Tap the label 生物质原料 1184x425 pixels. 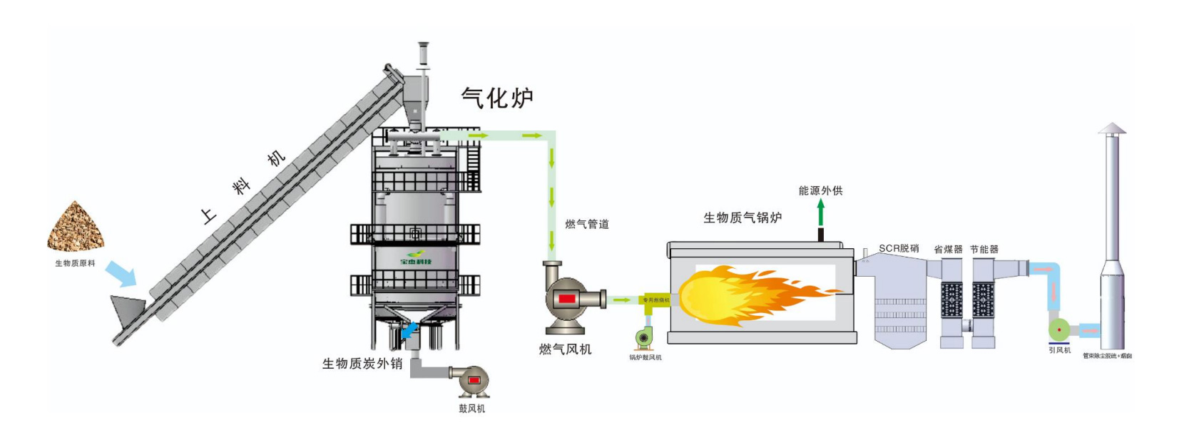[x=75, y=264]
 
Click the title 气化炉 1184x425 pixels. [x=497, y=98]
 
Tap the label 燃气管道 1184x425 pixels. [x=587, y=225]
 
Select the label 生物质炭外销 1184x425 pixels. [x=362, y=364]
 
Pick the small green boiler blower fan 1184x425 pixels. [x=644, y=337]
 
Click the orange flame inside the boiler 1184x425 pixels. [x=749, y=294]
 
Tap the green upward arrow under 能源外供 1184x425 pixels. [x=821, y=212]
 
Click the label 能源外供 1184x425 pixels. [x=820, y=191]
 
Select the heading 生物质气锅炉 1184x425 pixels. [x=742, y=218]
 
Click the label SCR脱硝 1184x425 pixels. [x=899, y=249]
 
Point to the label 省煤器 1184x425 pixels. [x=948, y=250]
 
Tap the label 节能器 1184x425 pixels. [x=984, y=250]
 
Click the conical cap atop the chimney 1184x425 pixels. [x=1111, y=128]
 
